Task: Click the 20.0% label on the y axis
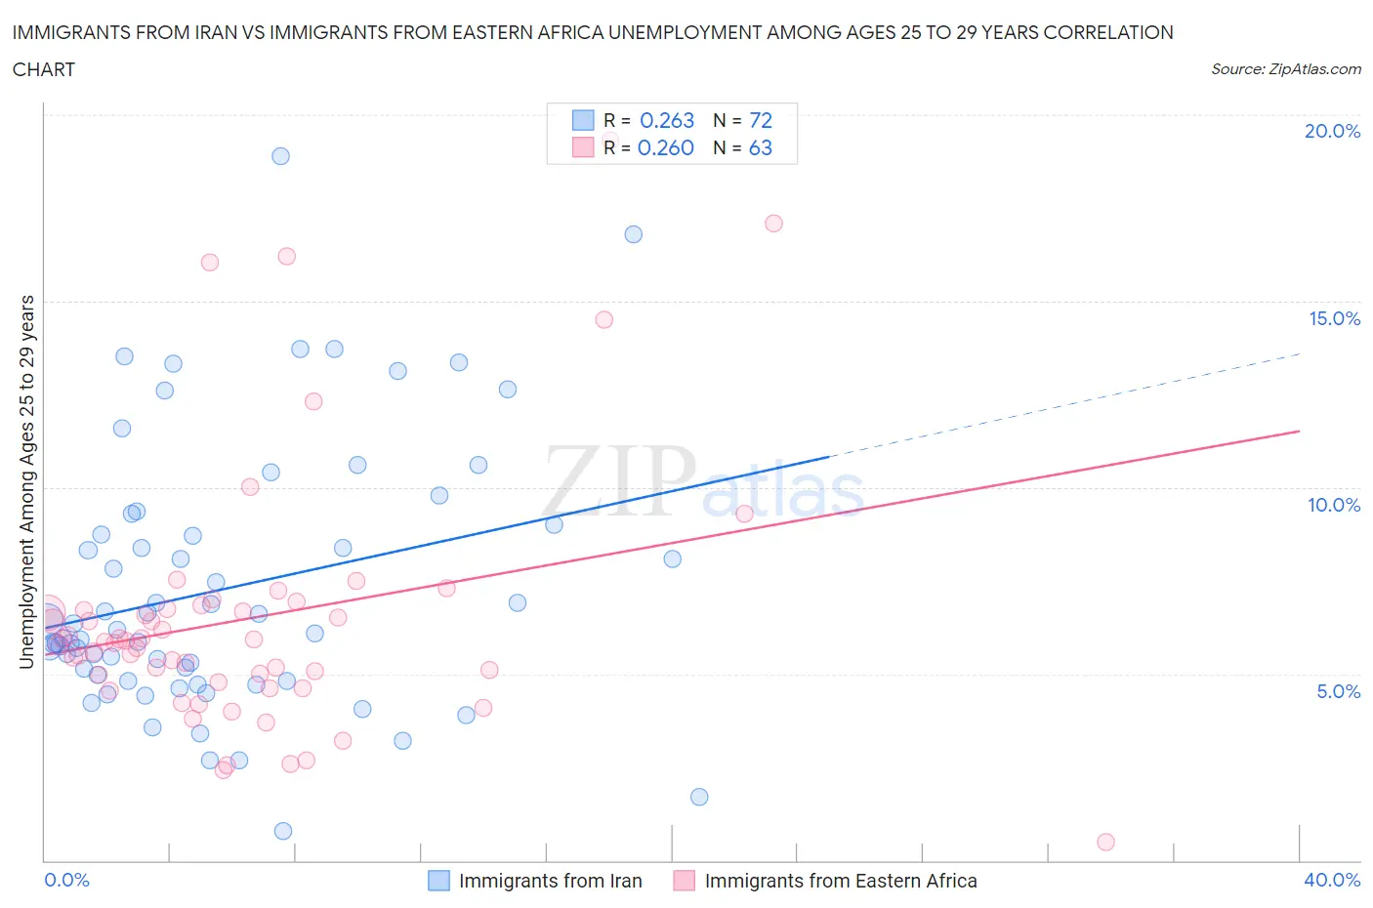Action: click(1332, 131)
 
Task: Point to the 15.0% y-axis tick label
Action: click(1333, 318)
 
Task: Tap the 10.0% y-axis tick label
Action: click(1333, 505)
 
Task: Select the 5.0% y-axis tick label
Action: click(1338, 691)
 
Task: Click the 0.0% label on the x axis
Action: click(66, 880)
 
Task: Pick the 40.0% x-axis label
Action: click(1332, 880)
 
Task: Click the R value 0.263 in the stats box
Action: click(667, 120)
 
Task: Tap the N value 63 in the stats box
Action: click(760, 147)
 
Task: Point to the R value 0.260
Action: click(665, 147)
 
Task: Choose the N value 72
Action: click(760, 120)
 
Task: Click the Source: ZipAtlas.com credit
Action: click(1285, 69)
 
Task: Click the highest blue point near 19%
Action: click(280, 156)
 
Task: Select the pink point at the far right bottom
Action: click(1105, 842)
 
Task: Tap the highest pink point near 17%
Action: click(773, 224)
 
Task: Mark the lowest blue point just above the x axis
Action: click(283, 831)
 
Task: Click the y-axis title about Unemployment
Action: click(26, 482)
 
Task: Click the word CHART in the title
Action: click(44, 69)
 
